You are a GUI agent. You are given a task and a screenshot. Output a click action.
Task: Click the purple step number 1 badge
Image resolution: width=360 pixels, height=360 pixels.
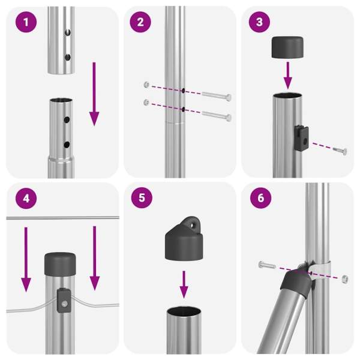26,22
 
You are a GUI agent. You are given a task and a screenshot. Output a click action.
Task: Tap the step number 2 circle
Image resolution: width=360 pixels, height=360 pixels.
140,22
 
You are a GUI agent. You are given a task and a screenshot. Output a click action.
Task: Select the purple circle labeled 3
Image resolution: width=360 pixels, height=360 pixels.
259,22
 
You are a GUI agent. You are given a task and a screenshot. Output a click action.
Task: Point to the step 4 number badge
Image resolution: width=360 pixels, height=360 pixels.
26,198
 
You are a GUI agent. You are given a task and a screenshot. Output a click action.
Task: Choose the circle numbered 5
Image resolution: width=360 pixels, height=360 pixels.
142,197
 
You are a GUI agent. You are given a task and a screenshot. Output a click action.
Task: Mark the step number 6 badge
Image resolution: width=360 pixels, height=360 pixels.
260,197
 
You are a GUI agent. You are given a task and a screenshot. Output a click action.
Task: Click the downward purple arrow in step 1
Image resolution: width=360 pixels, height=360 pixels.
94,94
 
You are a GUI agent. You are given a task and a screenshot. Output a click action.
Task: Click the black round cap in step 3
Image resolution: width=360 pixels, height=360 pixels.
287,47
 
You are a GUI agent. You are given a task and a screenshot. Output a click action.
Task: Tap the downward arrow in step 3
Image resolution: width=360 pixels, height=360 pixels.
287,76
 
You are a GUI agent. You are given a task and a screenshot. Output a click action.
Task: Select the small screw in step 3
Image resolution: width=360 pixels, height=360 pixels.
340,151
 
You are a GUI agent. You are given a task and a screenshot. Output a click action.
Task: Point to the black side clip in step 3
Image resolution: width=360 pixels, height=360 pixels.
301,138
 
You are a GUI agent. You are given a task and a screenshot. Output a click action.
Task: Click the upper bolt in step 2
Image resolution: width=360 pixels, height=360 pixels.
217,96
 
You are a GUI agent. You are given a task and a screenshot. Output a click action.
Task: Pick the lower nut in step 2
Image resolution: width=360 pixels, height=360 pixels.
146,102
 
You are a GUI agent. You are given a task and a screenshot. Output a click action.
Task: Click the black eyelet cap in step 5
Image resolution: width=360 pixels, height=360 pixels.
184,239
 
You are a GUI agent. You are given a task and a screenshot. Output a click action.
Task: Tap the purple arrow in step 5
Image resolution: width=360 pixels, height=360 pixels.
184,284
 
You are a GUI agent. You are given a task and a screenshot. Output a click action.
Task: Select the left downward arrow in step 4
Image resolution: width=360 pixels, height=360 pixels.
26,259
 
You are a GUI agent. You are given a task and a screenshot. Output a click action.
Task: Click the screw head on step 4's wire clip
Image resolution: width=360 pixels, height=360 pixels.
65,304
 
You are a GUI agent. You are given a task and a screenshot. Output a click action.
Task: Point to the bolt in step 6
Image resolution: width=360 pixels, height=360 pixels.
267,265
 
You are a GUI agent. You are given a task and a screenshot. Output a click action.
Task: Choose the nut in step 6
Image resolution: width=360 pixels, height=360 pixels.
345,279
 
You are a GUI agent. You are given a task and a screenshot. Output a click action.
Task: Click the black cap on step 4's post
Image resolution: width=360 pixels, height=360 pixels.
60,264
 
